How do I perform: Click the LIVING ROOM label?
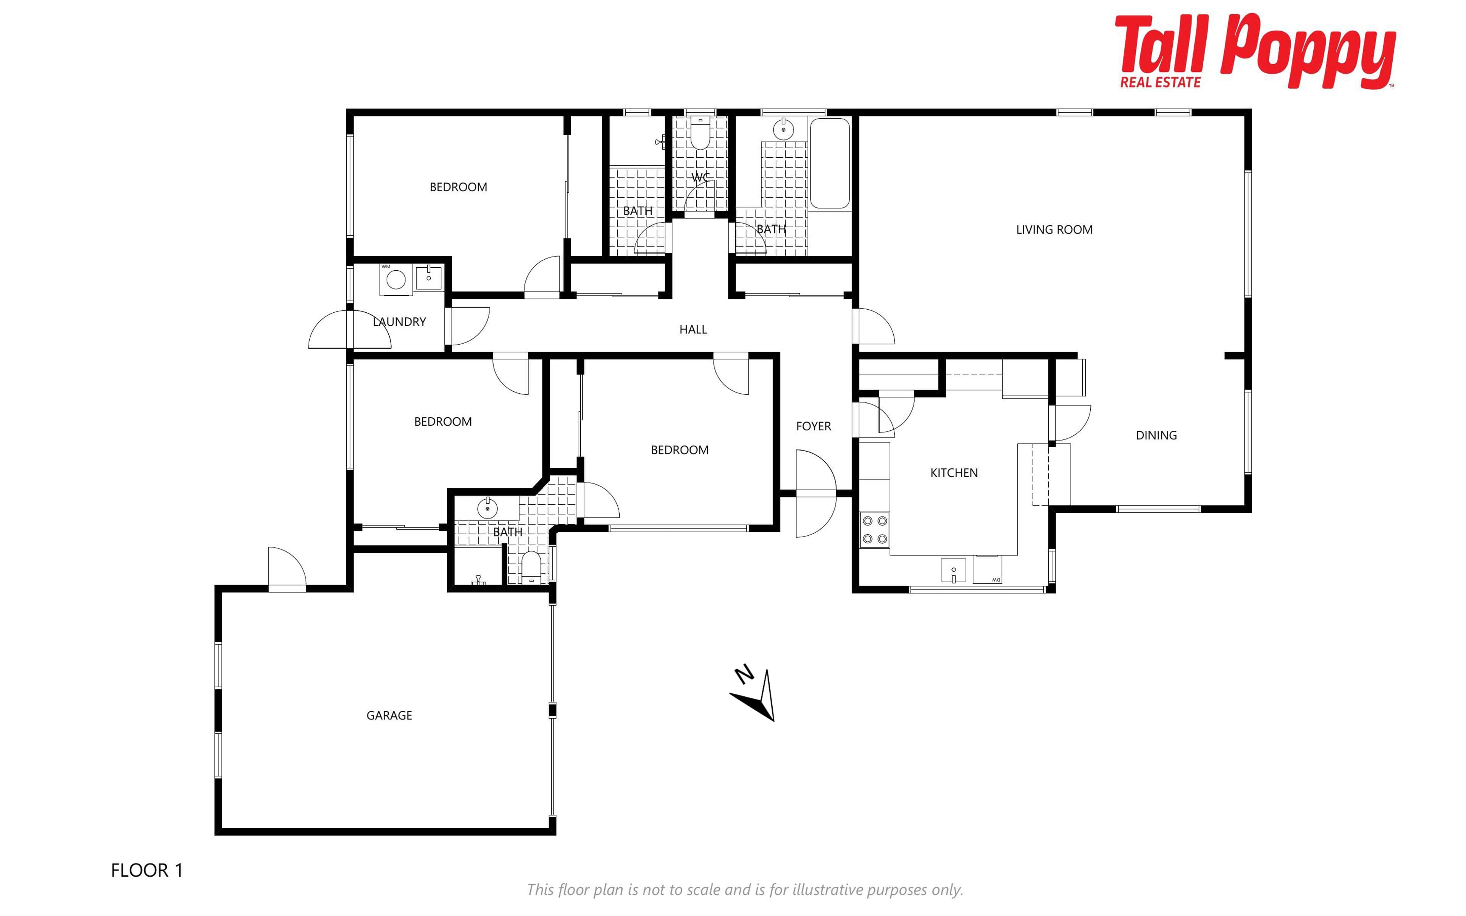1054,229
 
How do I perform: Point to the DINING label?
1156,435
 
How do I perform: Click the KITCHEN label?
954,473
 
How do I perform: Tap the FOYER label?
813,426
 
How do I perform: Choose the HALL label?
693,330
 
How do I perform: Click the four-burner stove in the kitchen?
874,530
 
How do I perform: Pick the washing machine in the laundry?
396,279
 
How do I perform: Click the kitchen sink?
953,570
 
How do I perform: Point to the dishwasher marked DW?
987,569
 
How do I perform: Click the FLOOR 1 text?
147,871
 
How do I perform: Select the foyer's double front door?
816,494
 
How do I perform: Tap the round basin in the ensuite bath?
488,508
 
